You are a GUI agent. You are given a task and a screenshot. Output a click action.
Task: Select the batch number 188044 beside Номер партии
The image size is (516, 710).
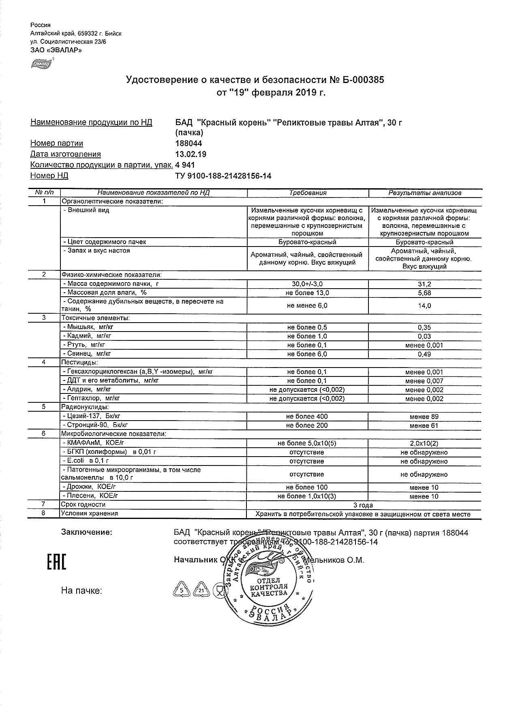click(188, 143)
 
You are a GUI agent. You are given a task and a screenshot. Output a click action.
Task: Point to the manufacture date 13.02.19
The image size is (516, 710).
click(191, 154)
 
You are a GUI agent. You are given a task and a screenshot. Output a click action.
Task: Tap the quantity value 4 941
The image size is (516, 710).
click(185, 165)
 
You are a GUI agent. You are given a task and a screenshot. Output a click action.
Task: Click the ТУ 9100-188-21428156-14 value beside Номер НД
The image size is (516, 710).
click(223, 176)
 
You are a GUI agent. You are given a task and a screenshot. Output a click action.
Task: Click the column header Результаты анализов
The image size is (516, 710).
click(425, 193)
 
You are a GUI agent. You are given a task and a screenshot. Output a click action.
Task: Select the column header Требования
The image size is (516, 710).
click(308, 193)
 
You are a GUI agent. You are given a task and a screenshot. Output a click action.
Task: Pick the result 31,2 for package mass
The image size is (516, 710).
click(425, 285)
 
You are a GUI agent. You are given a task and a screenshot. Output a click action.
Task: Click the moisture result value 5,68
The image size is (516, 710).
click(425, 293)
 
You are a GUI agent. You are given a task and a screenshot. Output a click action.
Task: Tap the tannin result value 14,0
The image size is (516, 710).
click(425, 306)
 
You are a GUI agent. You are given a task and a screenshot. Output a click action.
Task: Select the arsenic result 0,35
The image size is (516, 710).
click(425, 327)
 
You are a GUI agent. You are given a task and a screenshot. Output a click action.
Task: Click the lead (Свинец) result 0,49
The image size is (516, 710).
click(425, 354)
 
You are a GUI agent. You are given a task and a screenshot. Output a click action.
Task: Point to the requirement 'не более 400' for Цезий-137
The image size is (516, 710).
click(307, 417)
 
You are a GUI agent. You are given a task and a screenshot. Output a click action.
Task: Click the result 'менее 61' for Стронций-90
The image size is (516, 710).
click(424, 425)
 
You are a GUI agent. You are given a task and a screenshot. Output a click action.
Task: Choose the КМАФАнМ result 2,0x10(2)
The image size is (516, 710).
click(424, 443)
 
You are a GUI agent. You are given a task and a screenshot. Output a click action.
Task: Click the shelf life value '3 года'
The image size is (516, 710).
click(363, 505)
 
